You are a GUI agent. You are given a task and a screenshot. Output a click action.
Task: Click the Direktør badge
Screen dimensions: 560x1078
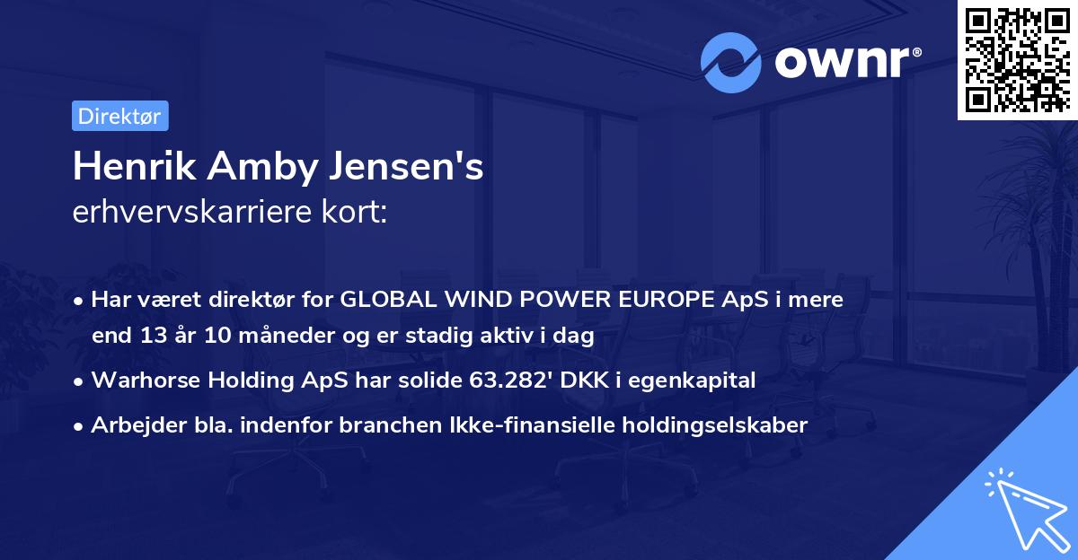(119, 116)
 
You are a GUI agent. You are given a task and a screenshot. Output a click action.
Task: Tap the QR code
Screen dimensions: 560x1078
(1017, 60)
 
